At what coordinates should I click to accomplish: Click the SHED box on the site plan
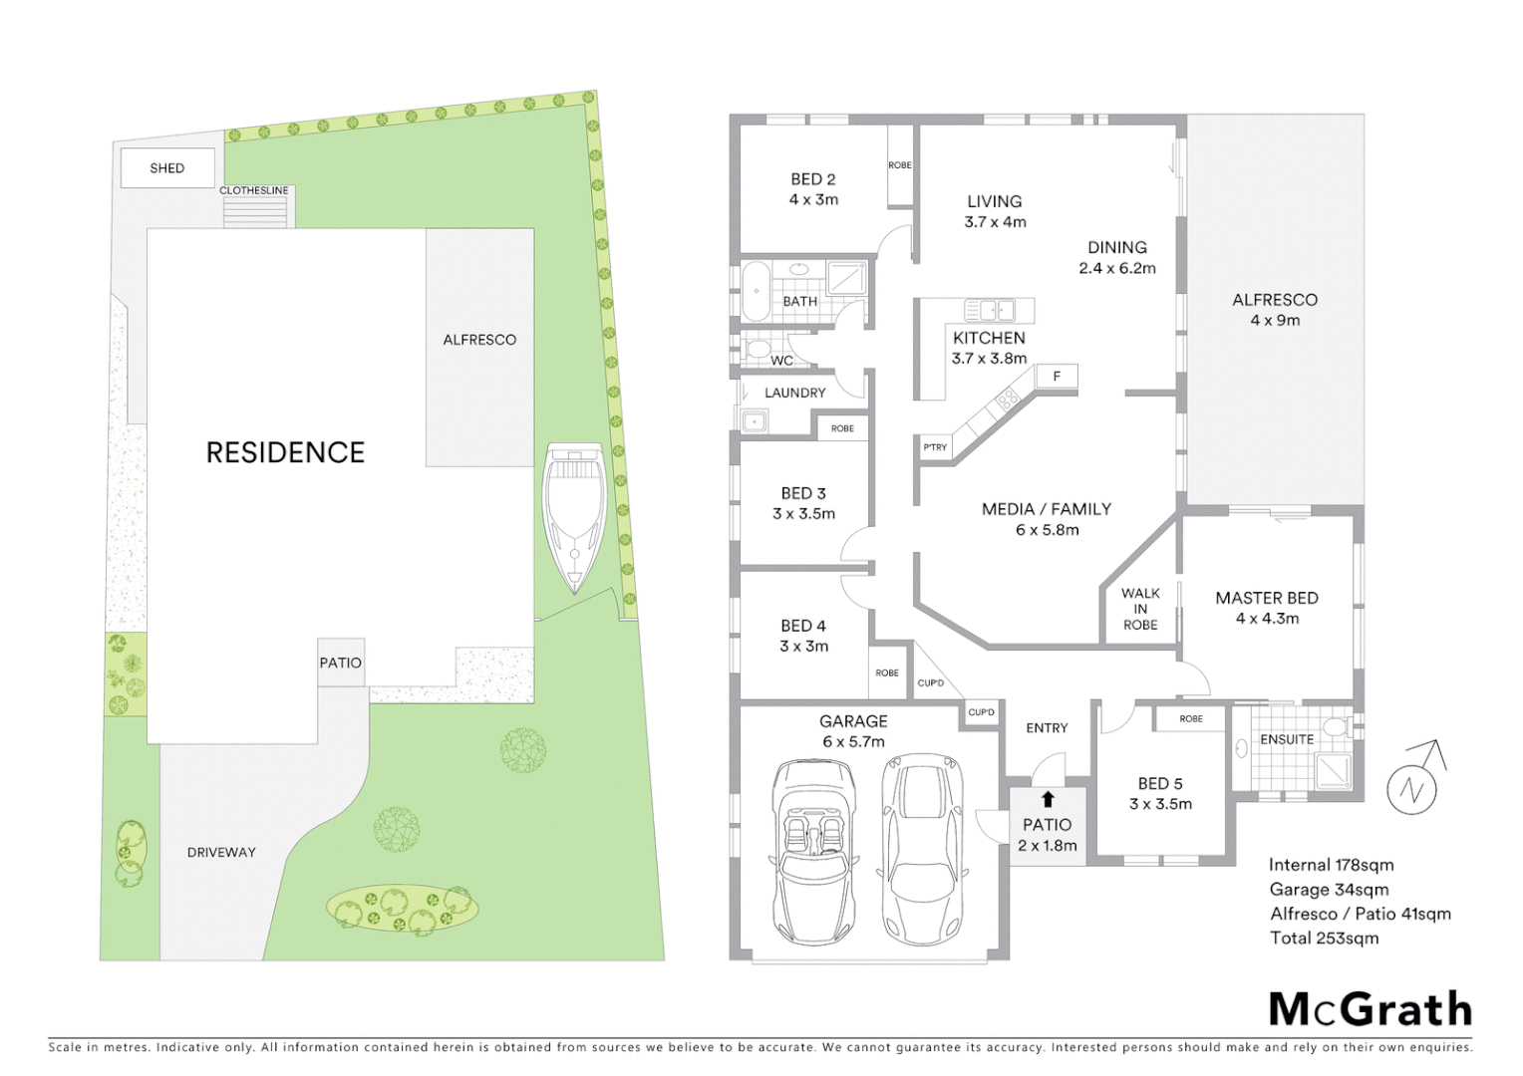(167, 167)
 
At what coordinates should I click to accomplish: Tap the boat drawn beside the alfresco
(575, 517)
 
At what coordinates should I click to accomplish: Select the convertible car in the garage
(814, 852)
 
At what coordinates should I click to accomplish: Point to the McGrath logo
(1370, 1008)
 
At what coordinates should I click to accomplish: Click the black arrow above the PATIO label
(1048, 799)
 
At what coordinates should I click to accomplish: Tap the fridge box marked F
(1057, 376)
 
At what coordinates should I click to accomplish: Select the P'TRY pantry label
(935, 447)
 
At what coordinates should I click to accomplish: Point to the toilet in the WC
(756, 350)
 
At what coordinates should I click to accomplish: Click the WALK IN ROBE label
(1140, 609)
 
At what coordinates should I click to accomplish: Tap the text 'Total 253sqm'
(1324, 938)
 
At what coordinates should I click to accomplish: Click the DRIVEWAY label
(221, 852)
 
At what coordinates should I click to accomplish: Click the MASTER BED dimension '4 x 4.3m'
(1267, 619)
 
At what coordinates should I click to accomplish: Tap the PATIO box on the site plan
(341, 663)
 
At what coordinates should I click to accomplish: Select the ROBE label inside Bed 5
(1190, 718)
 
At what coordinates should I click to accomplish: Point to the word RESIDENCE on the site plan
(285, 452)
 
